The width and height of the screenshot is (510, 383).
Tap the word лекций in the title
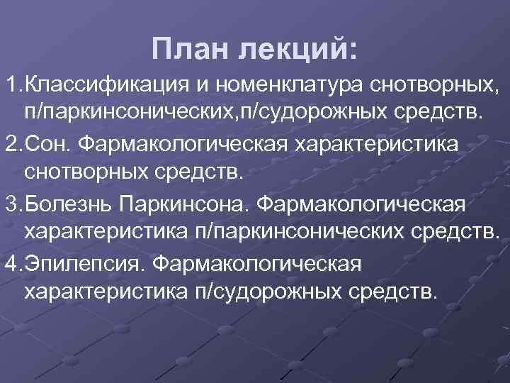298,50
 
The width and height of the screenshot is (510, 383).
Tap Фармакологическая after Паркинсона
361,205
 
